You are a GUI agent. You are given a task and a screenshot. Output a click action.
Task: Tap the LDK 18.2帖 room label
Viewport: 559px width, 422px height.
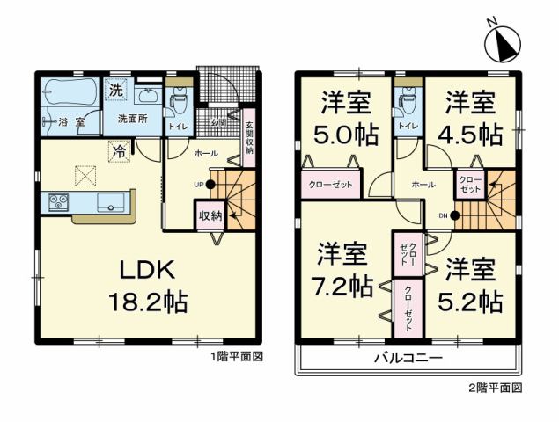click(x=146, y=287)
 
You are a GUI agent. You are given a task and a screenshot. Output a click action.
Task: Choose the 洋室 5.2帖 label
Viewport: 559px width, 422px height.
click(x=473, y=287)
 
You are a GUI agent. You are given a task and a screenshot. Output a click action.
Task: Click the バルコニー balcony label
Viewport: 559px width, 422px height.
click(x=407, y=359)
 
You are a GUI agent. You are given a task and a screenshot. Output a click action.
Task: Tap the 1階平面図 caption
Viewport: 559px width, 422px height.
click(x=237, y=358)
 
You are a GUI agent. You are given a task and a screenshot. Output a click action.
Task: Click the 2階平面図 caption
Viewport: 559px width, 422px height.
click(x=498, y=387)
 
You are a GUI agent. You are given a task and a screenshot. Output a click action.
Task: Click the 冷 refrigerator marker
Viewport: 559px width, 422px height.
click(x=117, y=150)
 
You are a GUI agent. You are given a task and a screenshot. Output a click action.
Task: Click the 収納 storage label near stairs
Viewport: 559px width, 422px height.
click(x=209, y=215)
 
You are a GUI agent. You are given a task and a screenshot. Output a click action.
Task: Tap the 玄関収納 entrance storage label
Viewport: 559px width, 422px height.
click(x=248, y=136)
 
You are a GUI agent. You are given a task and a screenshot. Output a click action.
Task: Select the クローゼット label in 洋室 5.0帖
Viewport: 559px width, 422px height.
click(x=329, y=186)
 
